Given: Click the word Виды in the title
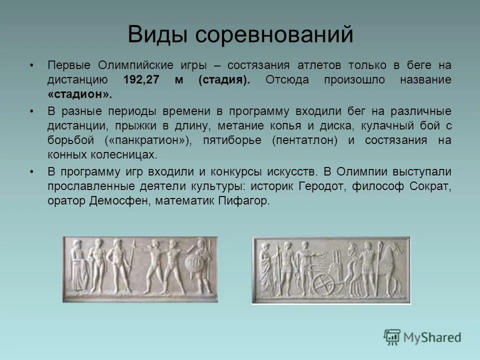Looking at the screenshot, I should (157, 35).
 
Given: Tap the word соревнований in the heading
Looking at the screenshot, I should (273, 35).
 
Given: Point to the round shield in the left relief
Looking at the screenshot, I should (193, 264).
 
